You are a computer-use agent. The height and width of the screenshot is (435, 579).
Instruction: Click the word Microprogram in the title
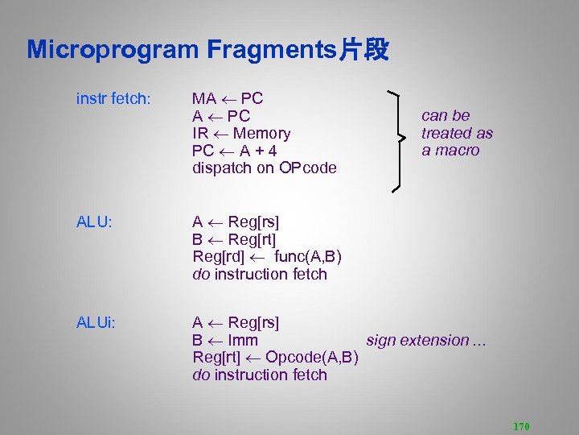click(113, 50)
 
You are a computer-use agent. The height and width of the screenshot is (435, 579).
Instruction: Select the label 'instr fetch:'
click(113, 99)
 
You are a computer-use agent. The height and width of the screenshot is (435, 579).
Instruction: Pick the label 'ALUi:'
click(96, 323)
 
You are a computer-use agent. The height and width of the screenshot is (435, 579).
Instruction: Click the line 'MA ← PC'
click(228, 99)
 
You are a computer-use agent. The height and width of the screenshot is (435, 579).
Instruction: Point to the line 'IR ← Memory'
click(241, 134)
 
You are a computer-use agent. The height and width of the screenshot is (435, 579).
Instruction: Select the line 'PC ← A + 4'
click(235, 151)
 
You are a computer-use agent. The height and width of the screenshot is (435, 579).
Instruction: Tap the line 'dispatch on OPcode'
click(265, 168)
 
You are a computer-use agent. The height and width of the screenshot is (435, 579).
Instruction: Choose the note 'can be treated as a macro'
click(457, 133)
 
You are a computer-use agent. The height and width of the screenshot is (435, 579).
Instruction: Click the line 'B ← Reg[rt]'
click(235, 239)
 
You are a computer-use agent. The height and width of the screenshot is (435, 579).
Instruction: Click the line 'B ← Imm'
click(225, 341)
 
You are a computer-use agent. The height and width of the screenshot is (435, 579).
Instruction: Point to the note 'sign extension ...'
click(426, 341)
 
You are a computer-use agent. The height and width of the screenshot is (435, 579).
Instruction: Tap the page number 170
click(520, 426)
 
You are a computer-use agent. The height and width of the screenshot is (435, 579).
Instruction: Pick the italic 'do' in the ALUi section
click(201, 375)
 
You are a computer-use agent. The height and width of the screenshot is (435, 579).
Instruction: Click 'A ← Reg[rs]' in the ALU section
click(236, 222)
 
